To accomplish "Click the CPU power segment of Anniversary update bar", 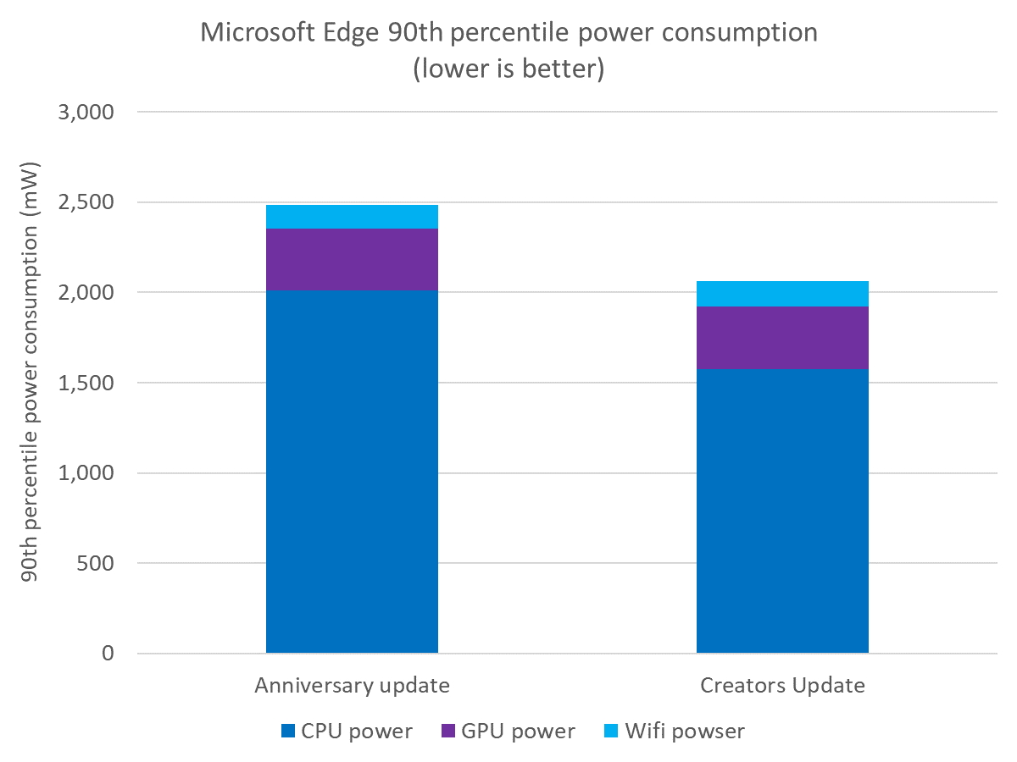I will (x=352, y=472).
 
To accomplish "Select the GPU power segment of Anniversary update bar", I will (x=352, y=259).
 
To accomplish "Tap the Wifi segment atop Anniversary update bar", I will (x=352, y=217).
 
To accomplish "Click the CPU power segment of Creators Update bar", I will (x=782, y=511).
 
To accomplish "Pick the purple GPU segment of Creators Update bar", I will (x=782, y=337).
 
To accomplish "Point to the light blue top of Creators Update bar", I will (x=782, y=293).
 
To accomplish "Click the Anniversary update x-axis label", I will (x=352, y=685).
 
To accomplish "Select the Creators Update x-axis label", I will (x=782, y=685).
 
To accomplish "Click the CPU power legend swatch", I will (x=287, y=730).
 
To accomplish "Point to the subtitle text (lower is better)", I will (x=508, y=69).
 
